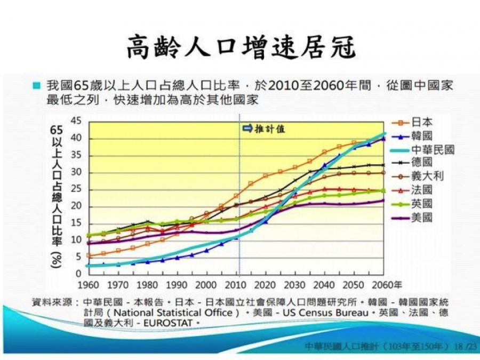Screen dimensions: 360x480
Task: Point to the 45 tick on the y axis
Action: click(76, 122)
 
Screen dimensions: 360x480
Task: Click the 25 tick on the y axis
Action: click(76, 189)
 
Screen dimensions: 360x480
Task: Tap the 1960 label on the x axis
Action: click(89, 284)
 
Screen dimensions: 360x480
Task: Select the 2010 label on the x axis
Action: click(237, 284)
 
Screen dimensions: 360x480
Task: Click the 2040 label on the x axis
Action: click(325, 284)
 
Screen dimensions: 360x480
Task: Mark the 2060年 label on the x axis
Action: click(387, 284)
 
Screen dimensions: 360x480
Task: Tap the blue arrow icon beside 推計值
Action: click(247, 129)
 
